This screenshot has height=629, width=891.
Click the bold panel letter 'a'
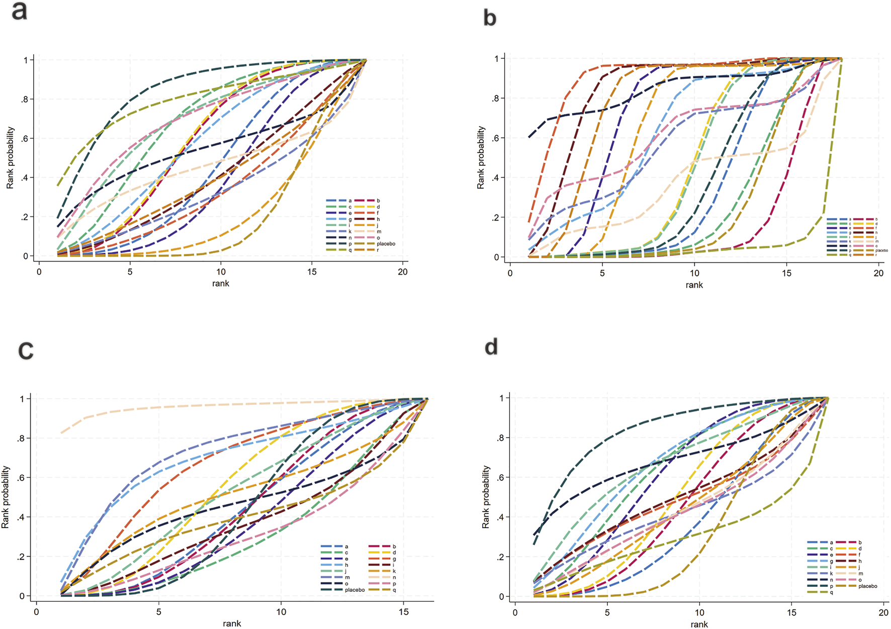pyautogui.click(x=19, y=11)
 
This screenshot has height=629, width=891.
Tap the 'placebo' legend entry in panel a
pyautogui.click(x=386, y=244)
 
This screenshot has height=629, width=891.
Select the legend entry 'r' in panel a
pyautogui.click(x=378, y=250)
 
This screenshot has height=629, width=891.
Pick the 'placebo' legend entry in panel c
pyautogui.click(x=354, y=590)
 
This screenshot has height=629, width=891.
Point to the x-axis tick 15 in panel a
pyautogui.click(x=312, y=272)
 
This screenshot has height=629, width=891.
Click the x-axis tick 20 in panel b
pyautogui.click(x=878, y=273)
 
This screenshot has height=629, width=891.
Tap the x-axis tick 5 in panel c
pyautogui.click(x=159, y=612)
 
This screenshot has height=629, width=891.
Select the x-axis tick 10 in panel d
pyautogui.click(x=699, y=612)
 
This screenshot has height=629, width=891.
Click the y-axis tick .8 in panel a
pyautogui.click(x=25, y=99)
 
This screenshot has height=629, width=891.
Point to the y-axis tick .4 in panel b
pyautogui.click(x=495, y=178)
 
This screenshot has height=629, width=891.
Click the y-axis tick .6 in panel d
pyautogui.click(x=500, y=477)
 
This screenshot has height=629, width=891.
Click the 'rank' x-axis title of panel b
pyautogui.click(x=694, y=285)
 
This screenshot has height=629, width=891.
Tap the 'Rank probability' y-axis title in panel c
pyautogui.click(x=6, y=497)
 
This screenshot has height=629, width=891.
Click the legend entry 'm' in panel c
pyautogui.click(x=346, y=577)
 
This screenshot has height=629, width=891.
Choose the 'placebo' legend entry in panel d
pyautogui.click(x=867, y=586)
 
